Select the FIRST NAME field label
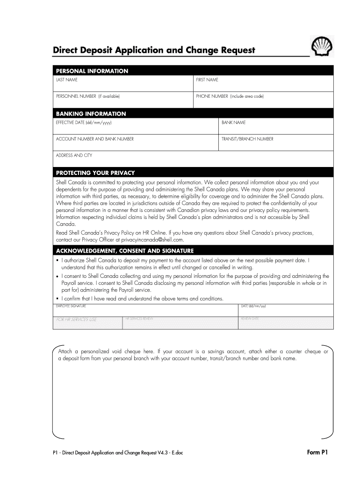click(x=207, y=80)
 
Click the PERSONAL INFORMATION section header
click(x=92, y=71)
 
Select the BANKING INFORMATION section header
click(x=91, y=114)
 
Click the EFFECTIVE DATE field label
click(x=84, y=123)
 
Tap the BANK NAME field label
click(x=233, y=123)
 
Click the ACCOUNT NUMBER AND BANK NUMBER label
click(x=95, y=139)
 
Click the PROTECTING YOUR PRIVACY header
click(x=95, y=173)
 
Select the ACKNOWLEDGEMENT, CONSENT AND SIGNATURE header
click(x=124, y=251)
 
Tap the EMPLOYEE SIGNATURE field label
click(x=71, y=306)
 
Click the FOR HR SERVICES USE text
click(x=76, y=319)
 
